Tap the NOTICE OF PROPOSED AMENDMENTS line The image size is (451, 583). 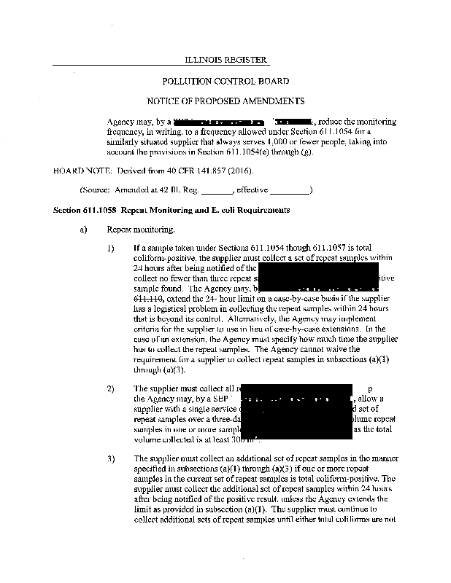225,101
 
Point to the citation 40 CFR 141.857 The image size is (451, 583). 184,171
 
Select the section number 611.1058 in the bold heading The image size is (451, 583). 99,210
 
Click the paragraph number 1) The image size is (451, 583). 111,248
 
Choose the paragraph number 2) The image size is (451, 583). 111,388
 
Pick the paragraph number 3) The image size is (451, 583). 111,458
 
